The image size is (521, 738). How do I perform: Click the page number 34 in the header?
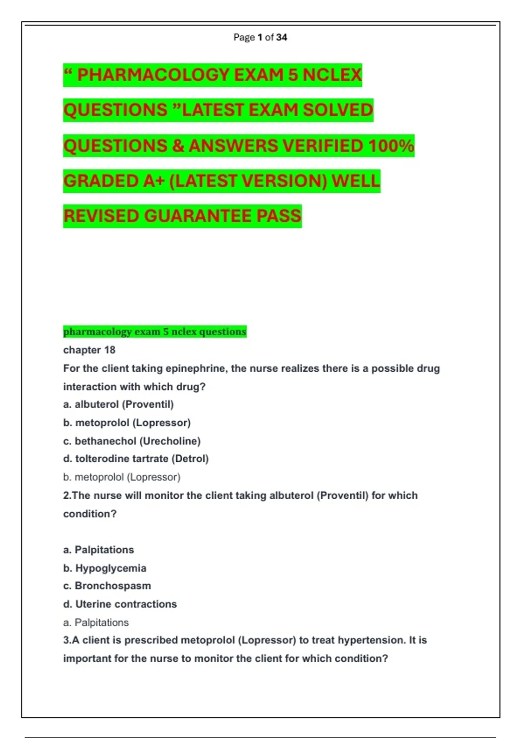pos(281,37)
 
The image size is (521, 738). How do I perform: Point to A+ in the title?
pos(153,181)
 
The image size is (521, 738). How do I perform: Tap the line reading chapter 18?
pos(89,350)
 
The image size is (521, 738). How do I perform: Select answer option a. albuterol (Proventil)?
pos(118,405)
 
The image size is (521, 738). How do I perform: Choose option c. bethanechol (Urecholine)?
pos(132,441)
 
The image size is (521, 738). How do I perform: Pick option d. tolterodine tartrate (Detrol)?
pos(135,459)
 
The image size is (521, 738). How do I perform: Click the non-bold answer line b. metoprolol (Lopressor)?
pos(122,477)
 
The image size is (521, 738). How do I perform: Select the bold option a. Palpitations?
pos(99,550)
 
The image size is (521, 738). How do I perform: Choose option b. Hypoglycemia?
pos(105,568)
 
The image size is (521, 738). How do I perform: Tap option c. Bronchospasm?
pos(107,586)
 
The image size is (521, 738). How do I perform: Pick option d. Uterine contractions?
pos(120,604)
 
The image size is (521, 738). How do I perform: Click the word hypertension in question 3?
pos(366,640)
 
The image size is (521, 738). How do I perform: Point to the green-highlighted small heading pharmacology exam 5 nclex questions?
pos(155,332)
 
